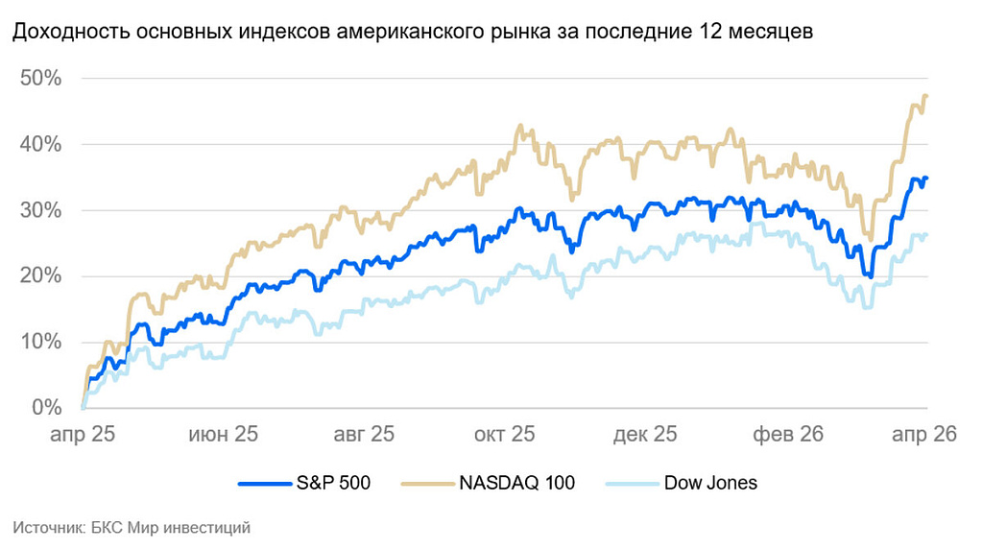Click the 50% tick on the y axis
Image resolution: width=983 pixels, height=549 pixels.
40,79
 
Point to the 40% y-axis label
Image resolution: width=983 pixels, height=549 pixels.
40,145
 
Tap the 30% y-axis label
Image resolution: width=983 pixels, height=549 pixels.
40,211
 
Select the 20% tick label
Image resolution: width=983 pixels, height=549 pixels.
40,277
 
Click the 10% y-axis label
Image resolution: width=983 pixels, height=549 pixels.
40,343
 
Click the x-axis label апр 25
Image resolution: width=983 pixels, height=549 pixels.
84,435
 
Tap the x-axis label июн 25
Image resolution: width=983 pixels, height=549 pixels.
223,435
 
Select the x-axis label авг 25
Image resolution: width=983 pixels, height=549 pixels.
364,435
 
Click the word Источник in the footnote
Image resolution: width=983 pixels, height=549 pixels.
44,527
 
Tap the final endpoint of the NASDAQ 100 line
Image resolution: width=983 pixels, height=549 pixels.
926,96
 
